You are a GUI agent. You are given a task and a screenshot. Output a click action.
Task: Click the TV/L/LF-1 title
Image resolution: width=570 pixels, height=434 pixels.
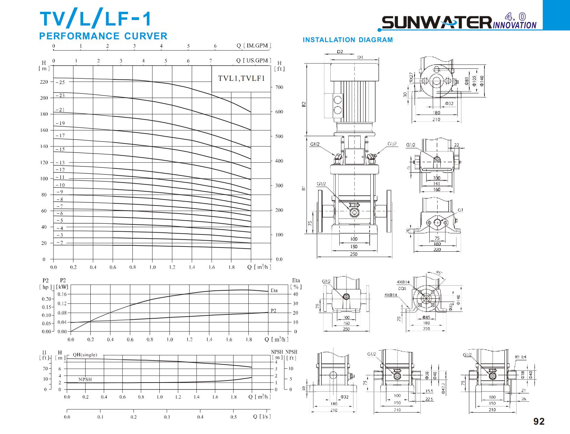(x=96, y=19)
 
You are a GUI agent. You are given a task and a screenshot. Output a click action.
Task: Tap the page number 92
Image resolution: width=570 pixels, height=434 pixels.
(x=539, y=421)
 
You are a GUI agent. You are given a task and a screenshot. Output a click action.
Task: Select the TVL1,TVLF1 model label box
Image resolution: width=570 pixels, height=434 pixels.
(x=241, y=78)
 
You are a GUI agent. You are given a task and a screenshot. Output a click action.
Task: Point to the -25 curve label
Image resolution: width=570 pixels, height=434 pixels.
(x=60, y=83)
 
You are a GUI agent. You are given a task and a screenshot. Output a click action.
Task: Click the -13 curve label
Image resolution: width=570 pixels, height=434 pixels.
(x=60, y=163)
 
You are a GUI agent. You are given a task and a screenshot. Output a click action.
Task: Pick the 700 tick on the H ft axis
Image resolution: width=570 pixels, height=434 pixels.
(x=279, y=87)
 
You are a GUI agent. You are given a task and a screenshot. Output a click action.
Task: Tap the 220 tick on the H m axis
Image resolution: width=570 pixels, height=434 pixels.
(x=44, y=82)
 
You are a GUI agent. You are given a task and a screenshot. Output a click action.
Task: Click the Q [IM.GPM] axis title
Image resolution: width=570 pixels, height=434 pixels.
(x=254, y=46)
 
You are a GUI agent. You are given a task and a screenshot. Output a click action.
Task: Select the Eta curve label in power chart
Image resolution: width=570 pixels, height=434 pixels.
(x=274, y=290)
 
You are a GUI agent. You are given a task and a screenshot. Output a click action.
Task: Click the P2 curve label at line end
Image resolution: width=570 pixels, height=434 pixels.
(x=273, y=311)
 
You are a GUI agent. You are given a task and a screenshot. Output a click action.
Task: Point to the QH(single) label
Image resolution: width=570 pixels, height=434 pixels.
(x=85, y=355)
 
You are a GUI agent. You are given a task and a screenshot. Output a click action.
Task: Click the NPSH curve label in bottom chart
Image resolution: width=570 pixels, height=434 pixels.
(x=85, y=379)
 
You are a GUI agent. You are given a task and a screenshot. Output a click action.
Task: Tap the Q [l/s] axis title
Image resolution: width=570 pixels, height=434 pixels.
(x=262, y=416)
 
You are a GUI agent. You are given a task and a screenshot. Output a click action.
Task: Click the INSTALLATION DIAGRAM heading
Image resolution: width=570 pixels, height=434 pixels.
(x=348, y=40)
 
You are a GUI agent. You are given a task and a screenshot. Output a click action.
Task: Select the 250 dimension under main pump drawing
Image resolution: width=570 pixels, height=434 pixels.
(x=354, y=254)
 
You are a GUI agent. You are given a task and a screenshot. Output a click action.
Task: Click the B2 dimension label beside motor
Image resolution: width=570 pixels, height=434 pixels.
(x=304, y=104)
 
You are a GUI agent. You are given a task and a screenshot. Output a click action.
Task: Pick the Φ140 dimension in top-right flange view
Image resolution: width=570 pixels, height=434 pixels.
(x=482, y=80)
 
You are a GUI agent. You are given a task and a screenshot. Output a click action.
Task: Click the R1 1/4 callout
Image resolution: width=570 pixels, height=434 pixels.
(x=520, y=357)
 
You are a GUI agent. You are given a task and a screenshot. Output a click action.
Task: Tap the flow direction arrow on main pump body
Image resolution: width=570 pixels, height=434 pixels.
(x=354, y=205)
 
